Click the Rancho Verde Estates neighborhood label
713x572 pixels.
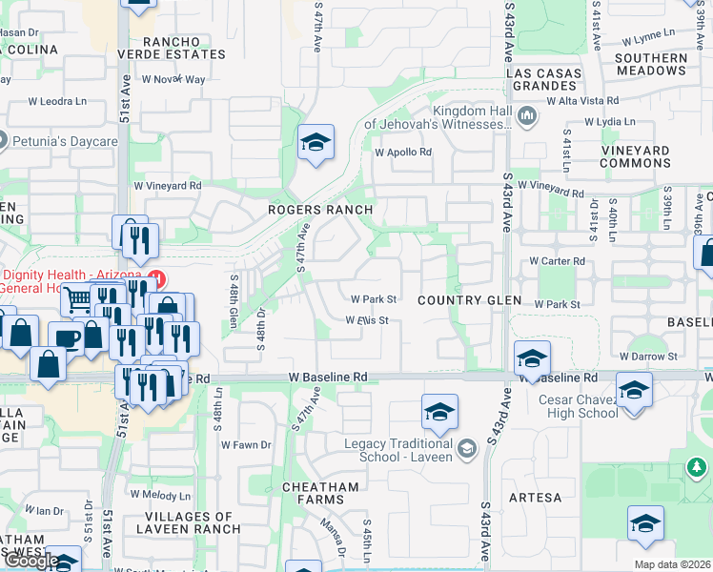click(x=184, y=48)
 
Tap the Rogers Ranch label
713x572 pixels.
click(x=319, y=210)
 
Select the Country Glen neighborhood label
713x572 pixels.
click(x=470, y=300)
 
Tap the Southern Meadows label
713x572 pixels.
click(x=651, y=64)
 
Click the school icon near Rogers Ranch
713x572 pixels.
click(x=316, y=144)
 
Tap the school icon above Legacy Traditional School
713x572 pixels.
click(x=438, y=413)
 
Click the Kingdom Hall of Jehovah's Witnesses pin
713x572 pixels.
click(x=527, y=117)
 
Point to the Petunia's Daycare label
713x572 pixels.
click(x=65, y=142)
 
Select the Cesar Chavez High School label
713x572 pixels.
click(x=579, y=406)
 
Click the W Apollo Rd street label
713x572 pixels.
click(x=403, y=152)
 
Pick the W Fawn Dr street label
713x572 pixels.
click(x=246, y=444)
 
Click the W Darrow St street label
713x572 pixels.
click(x=647, y=356)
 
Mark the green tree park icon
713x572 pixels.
click(x=698, y=468)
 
